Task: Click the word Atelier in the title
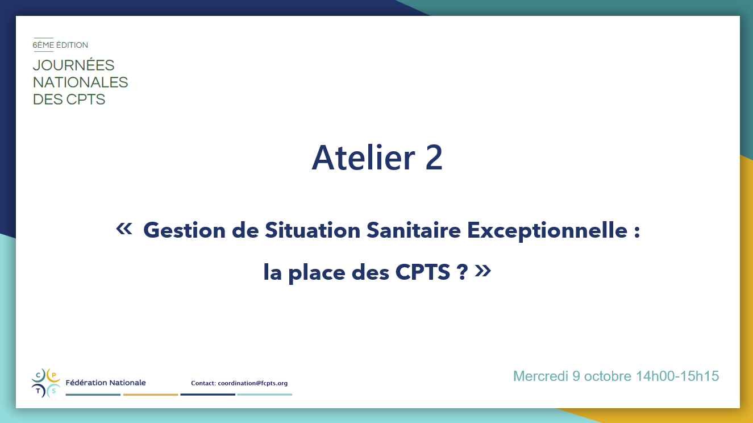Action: pos(363,157)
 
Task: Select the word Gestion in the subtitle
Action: pos(184,231)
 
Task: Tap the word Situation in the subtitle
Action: pos(313,230)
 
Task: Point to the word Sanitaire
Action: pos(414,230)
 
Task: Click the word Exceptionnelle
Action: pos(547,231)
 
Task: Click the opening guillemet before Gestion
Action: pos(124,229)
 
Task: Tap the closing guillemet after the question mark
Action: pos(482,271)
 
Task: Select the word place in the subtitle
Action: pos(317,273)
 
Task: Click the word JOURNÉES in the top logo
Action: pos(73,65)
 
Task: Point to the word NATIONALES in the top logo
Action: pos(80,82)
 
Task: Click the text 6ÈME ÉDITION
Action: pos(60,45)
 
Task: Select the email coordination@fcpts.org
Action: pos(253,383)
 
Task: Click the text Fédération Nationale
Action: pos(106,383)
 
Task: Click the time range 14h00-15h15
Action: pos(677,376)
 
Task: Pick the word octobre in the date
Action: pos(608,376)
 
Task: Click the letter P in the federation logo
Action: pos(54,375)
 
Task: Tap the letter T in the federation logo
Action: pos(38,391)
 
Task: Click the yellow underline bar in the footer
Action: pos(151,395)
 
